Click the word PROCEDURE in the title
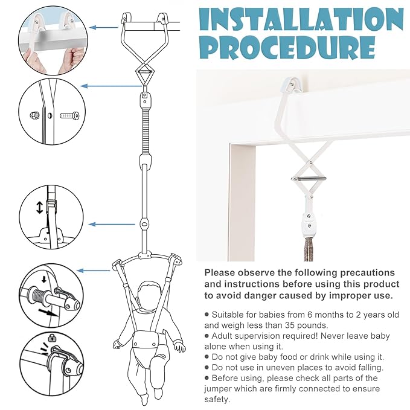pyautogui.click(x=289, y=48)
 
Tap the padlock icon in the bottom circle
pyautogui.click(x=53, y=338)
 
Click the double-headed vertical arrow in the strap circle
pyautogui.click(x=39, y=207)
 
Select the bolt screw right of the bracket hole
pyautogui.click(x=69, y=115)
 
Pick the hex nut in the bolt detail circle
pyautogui.click(x=35, y=115)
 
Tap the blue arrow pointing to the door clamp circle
pyautogui.click(x=103, y=27)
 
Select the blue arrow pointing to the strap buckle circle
pyautogui.click(x=112, y=225)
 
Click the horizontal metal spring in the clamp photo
pyautogui.click(x=309, y=179)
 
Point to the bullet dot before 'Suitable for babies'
pyautogui.click(x=207, y=314)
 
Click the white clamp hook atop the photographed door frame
pyautogui.click(x=292, y=84)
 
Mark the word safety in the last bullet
pyautogui.click(x=216, y=399)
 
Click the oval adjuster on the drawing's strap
pyautogui.click(x=144, y=224)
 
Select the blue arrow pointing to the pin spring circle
pyautogui.click(x=94, y=271)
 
